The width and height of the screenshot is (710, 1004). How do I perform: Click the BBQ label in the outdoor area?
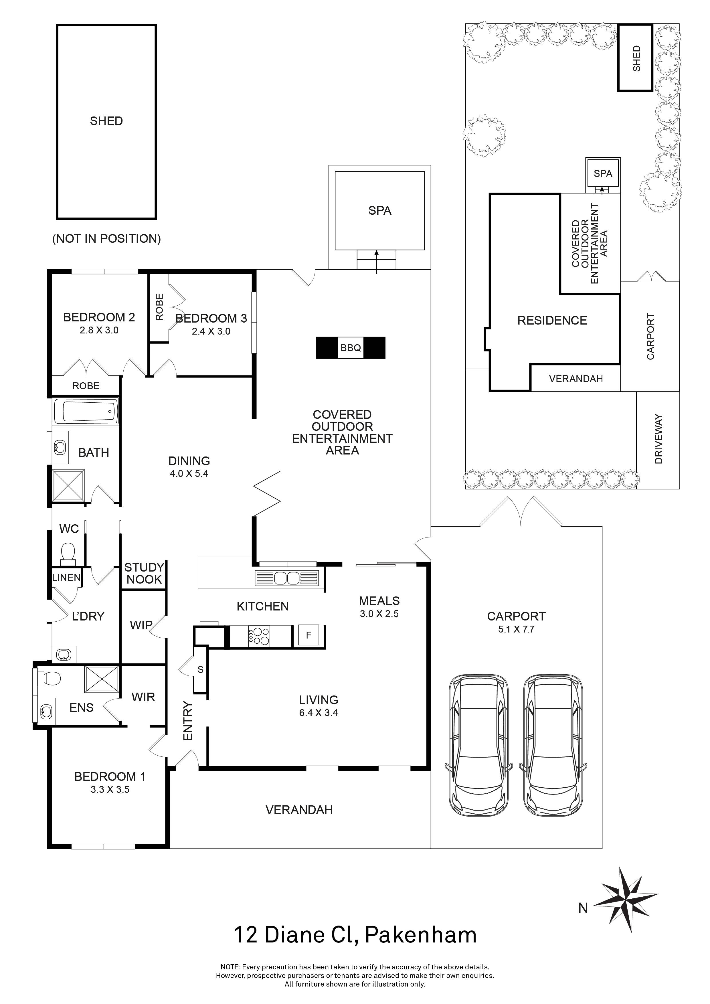(x=351, y=348)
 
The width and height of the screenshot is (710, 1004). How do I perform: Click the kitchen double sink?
(x=287, y=578)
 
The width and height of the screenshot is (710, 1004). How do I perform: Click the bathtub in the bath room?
(x=86, y=411)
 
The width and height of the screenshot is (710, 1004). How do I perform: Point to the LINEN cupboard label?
(x=66, y=577)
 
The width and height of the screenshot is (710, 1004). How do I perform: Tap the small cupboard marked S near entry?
(x=200, y=669)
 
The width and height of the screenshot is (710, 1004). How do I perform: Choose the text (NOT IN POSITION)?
(x=106, y=238)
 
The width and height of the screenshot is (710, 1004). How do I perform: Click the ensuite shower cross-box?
(x=102, y=679)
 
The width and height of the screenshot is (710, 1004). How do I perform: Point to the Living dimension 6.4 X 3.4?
(x=318, y=712)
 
